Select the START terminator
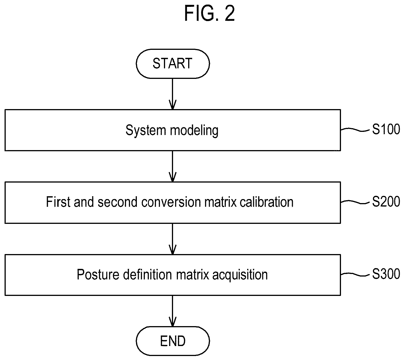(173, 64)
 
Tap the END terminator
(173, 341)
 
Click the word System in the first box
(146, 130)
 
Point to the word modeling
(194, 130)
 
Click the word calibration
(267, 202)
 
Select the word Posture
(98, 275)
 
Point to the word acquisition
(240, 275)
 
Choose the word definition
(148, 275)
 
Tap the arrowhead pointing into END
(173, 322)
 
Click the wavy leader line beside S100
(355, 130)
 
